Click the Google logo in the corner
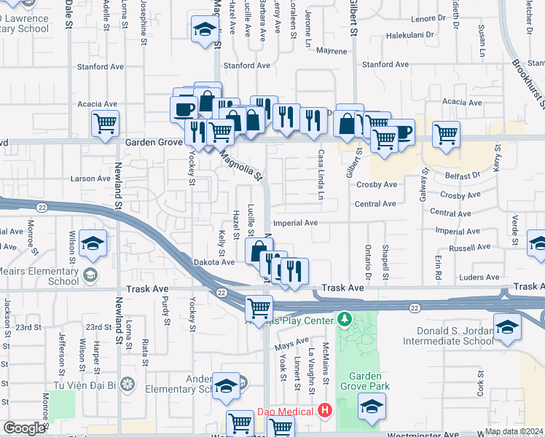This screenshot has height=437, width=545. [24, 428]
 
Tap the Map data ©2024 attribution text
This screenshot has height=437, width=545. [513, 431]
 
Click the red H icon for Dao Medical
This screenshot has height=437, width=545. [325, 412]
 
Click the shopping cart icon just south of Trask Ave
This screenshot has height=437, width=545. [259, 309]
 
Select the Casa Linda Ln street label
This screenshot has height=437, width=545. [320, 175]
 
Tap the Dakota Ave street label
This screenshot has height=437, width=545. [213, 262]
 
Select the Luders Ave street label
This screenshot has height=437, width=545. [480, 277]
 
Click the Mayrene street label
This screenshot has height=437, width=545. [332, 52]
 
